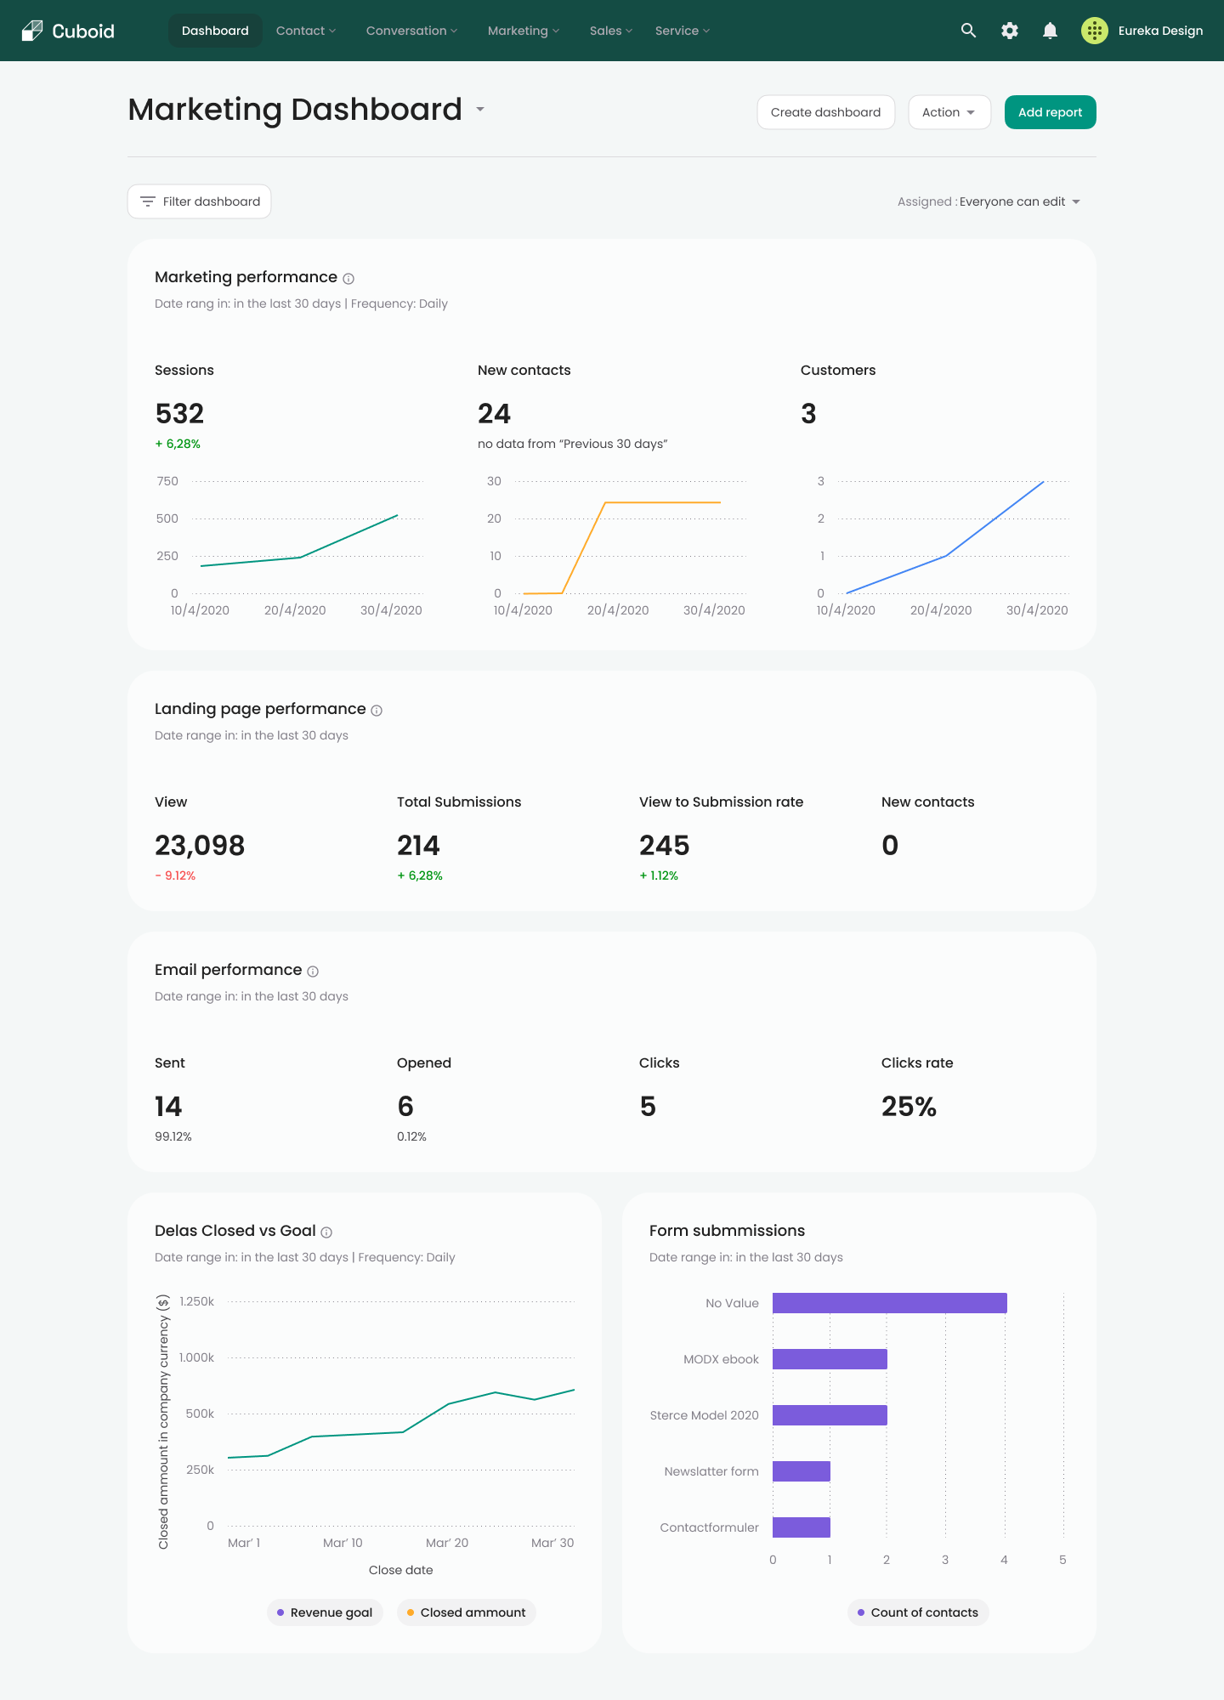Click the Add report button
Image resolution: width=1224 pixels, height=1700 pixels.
(x=1050, y=112)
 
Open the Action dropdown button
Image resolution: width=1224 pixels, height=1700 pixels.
(x=949, y=112)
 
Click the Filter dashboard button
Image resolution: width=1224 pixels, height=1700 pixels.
(x=200, y=201)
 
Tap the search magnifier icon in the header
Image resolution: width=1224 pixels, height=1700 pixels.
(x=968, y=31)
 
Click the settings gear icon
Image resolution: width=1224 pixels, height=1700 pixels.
(x=1009, y=31)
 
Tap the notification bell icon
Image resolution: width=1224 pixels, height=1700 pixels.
(x=1050, y=31)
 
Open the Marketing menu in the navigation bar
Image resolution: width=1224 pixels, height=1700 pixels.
(x=523, y=31)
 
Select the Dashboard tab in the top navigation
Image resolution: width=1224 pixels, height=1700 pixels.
(x=215, y=31)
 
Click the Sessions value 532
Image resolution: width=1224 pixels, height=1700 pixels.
(x=179, y=414)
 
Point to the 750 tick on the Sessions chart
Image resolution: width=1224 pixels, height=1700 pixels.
(x=167, y=481)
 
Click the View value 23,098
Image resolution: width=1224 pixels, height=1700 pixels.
(x=200, y=846)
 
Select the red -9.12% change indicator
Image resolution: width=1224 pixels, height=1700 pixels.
(x=175, y=875)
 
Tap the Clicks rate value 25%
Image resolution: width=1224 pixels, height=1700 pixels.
(x=909, y=1107)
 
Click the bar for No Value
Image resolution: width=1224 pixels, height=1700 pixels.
(x=889, y=1303)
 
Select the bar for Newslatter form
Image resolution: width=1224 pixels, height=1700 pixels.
(x=801, y=1471)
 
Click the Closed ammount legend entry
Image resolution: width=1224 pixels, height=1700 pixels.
(x=466, y=1612)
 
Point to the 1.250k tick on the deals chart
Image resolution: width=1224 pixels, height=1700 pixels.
(x=196, y=1301)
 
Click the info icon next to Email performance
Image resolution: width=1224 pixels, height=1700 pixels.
(x=313, y=972)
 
